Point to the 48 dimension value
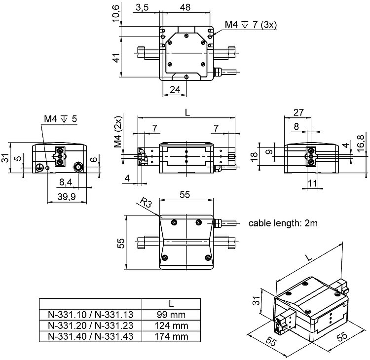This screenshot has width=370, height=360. [185, 7]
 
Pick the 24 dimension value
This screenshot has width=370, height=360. [175, 89]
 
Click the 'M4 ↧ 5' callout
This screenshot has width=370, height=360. [60, 119]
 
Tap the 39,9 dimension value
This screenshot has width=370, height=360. [66, 197]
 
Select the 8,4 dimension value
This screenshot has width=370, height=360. [66, 183]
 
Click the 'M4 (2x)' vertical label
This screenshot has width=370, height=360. [117, 133]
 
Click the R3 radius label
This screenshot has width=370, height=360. [144, 203]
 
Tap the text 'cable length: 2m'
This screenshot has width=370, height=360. [283, 223]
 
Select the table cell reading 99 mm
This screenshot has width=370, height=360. [171, 314]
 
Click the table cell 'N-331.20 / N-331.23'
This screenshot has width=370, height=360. [90, 325]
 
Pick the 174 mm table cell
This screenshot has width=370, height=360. [171, 337]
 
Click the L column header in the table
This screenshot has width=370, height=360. [171, 303]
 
